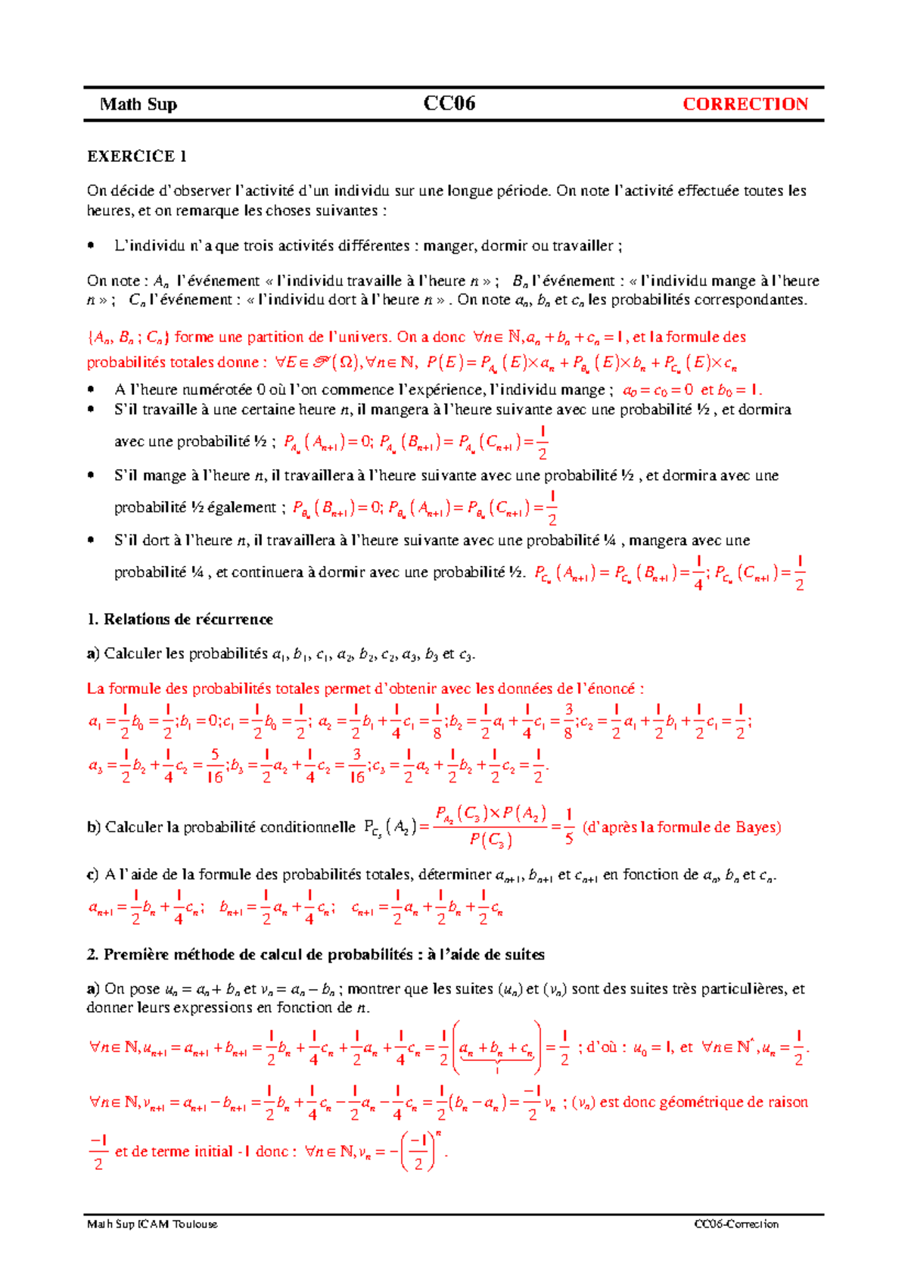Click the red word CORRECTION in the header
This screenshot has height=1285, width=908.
pos(745,104)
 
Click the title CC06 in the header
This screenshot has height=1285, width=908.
pos(449,104)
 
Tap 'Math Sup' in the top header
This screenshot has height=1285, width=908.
pos(138,104)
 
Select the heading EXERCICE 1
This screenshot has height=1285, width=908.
pos(137,157)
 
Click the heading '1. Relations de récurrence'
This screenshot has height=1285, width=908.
pos(180,619)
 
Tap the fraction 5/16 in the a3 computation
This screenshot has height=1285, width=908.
pos(215,767)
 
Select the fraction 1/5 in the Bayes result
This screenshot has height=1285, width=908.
pos(569,828)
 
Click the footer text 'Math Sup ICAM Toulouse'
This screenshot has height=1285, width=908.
pos(152,1224)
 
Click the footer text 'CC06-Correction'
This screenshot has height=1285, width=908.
pos(736,1224)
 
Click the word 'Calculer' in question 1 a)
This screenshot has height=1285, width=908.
pos(132,654)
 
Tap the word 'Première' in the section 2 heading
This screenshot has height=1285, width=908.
pos(135,954)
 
